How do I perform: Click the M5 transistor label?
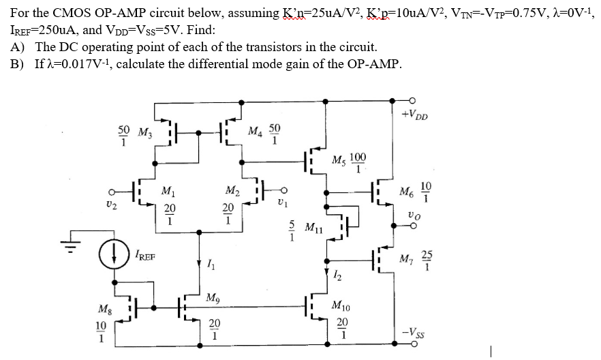(339, 161)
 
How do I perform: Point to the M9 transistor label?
(212, 297)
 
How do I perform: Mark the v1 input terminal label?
(279, 202)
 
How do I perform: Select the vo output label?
(414, 213)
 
